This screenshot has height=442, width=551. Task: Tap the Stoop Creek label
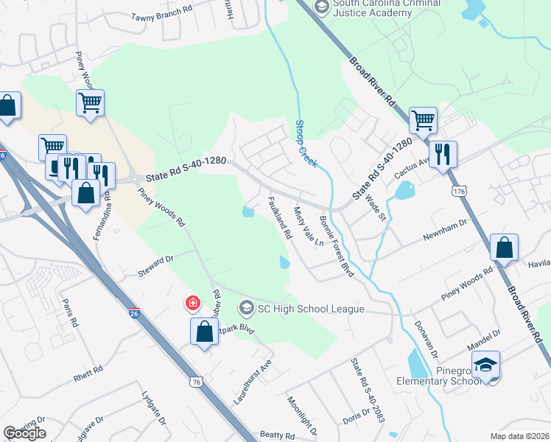(306, 144)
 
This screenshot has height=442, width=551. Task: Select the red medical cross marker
(192, 303)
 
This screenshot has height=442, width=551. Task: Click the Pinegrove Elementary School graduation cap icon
(485, 365)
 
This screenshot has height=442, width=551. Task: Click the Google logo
(24, 433)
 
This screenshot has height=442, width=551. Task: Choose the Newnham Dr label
(445, 238)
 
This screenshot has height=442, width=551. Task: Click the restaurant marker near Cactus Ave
(443, 154)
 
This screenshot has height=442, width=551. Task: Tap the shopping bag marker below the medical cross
(204, 331)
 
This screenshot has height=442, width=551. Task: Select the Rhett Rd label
(91, 376)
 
